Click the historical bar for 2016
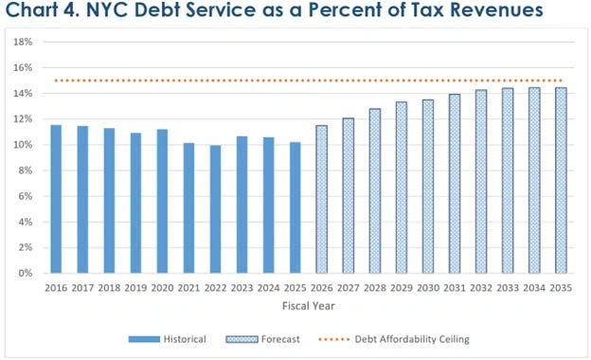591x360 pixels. [57, 199]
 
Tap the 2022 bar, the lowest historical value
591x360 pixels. [216, 209]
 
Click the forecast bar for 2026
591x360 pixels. [322, 199]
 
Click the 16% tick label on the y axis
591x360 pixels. [26, 68]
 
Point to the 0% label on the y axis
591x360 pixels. [28, 273]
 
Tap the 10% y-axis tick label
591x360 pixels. [26, 145]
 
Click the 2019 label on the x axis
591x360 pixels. [136, 287]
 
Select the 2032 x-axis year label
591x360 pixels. [481, 287]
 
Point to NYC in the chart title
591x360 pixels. [115, 13]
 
